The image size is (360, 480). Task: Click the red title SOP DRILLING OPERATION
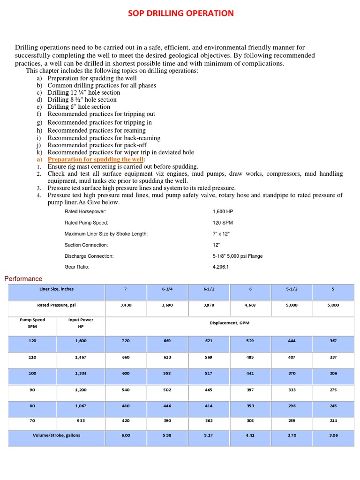180,13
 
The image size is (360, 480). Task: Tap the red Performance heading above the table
23,279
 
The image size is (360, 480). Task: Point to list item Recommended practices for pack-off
97,145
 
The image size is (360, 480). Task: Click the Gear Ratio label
77,267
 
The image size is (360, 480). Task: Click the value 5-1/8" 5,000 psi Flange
238,256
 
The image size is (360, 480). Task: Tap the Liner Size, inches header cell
57,289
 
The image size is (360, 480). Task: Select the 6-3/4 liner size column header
167,289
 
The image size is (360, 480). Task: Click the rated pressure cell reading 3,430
126,305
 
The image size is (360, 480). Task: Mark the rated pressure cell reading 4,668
251,305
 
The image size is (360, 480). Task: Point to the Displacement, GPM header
229,323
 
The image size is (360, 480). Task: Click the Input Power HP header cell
81,323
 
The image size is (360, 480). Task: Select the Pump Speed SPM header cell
32,323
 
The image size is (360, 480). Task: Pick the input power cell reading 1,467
81,357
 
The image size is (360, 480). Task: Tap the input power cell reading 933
81,421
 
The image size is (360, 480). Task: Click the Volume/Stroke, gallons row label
57,435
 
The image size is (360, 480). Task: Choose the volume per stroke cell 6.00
126,435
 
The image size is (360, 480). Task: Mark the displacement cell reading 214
333,421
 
